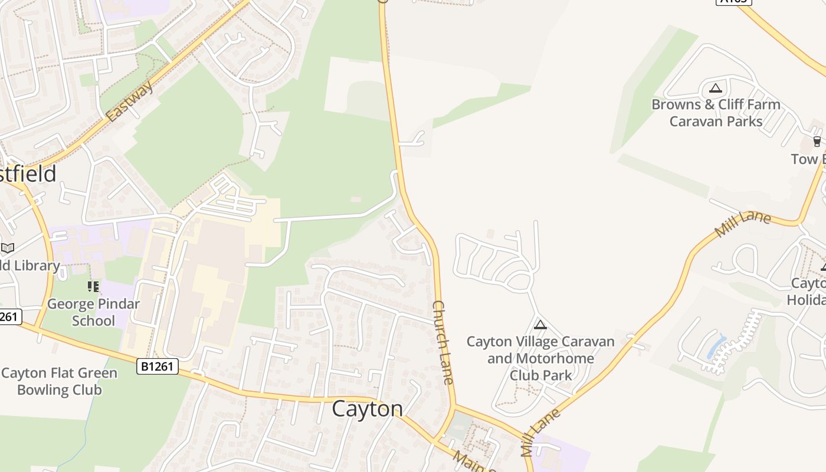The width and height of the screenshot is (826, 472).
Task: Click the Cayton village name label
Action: click(x=367, y=408)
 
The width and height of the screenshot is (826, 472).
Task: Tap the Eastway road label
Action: click(x=131, y=101)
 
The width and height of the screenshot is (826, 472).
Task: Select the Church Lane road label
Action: click(x=443, y=342)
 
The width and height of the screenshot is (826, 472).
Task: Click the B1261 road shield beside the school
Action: click(x=158, y=366)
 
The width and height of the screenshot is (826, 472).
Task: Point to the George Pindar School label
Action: click(x=93, y=313)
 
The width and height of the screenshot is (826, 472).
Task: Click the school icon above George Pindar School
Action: click(x=93, y=287)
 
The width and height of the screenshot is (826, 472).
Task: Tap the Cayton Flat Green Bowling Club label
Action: click(x=59, y=381)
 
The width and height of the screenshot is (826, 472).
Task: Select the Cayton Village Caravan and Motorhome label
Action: click(x=540, y=358)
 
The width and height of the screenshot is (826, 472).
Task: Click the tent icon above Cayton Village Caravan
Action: click(x=540, y=324)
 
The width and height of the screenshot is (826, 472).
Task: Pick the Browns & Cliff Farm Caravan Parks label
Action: click(x=716, y=113)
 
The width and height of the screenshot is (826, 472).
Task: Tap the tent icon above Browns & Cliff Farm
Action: click(x=716, y=88)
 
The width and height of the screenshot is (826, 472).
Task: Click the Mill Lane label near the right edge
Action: click(x=743, y=224)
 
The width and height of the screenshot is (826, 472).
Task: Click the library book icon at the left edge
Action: click(x=7, y=248)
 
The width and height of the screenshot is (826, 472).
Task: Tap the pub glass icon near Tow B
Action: click(x=817, y=141)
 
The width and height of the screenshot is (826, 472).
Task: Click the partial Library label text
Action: click(x=29, y=265)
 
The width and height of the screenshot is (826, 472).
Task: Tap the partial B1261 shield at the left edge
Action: click(x=10, y=317)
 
